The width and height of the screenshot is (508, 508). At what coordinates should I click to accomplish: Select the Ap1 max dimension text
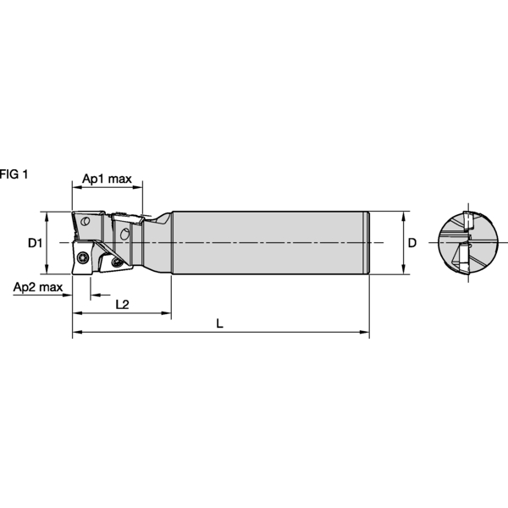coord(107,179)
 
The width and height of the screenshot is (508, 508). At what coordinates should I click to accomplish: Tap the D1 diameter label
coord(35,244)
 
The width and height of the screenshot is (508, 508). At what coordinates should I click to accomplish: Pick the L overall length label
coord(220,323)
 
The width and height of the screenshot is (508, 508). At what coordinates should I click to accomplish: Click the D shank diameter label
coord(412,243)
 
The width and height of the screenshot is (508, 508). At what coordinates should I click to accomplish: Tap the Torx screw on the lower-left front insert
coord(82,258)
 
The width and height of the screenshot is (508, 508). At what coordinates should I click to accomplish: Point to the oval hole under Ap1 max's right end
coord(125,231)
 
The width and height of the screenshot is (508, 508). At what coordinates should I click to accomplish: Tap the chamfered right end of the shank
coord(367,243)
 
